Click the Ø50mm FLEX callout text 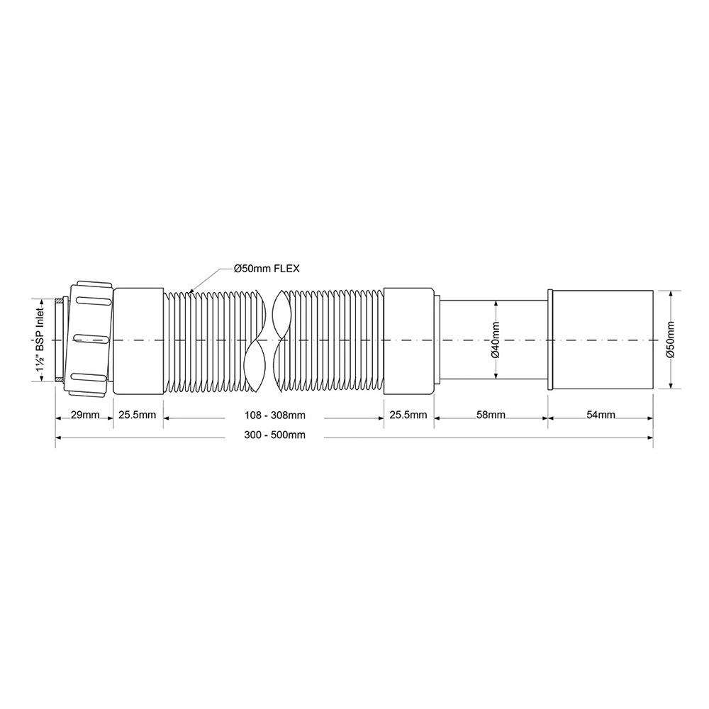(267, 269)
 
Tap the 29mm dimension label (85, 415)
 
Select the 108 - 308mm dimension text (275, 415)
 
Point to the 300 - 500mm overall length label (275, 435)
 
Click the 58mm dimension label (491, 415)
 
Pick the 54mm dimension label (601, 415)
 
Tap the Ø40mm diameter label (496, 340)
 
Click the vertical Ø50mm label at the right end (670, 340)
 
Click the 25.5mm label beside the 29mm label (138, 415)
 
